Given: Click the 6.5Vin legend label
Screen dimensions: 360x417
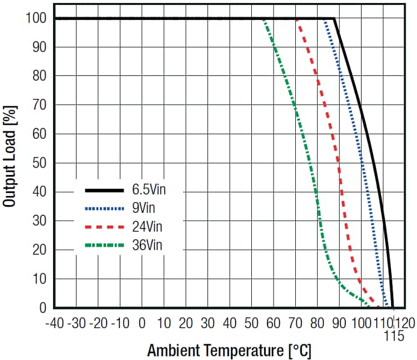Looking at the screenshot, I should coord(149,190).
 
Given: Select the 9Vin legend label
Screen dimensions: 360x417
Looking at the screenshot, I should coord(144,208).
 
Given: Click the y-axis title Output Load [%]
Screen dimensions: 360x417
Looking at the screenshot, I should coord(10,157).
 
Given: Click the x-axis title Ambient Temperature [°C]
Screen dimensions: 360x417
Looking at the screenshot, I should coord(230,350).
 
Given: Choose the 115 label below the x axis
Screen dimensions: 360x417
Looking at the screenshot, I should coord(393,336).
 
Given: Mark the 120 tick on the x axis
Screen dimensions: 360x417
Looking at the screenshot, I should coord(404,323).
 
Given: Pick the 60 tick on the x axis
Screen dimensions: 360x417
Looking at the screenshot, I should coord(274,323).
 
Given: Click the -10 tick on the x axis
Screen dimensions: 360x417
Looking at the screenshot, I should coord(121,323).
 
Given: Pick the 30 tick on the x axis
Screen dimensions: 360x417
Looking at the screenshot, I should coord(208,323).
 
